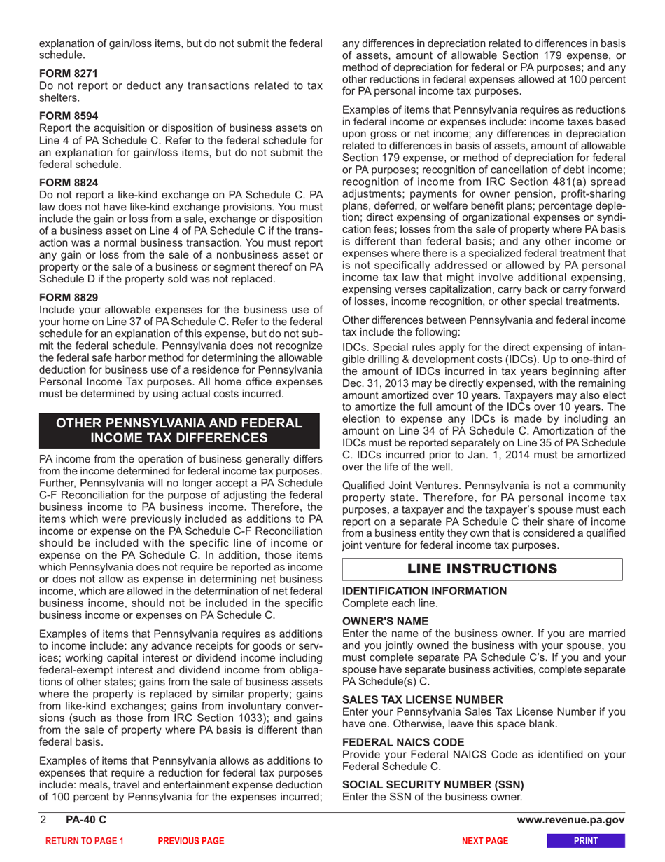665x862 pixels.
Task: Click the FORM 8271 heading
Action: [x=68, y=74]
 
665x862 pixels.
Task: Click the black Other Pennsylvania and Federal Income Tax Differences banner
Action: [x=179, y=430]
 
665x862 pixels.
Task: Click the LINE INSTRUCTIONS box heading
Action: [x=482, y=568]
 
